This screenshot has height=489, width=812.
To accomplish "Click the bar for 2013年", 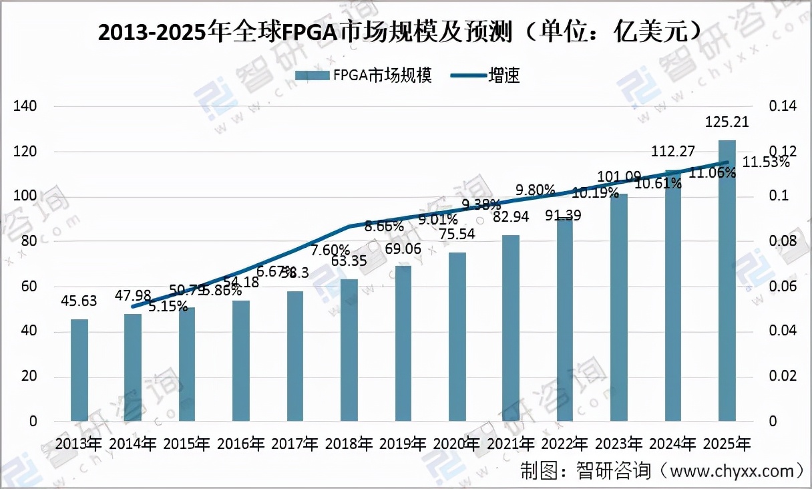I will pos(79,370).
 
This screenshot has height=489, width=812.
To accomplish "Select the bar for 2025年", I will pos(727,281).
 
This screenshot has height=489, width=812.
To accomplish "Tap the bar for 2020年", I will pos(457,337).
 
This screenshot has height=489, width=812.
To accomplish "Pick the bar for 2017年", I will pos(295,356).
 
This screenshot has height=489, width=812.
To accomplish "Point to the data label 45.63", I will pos(79,301).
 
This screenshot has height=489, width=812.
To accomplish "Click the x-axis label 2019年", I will pos(403,443).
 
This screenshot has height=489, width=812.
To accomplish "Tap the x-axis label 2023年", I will pos(619,443).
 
